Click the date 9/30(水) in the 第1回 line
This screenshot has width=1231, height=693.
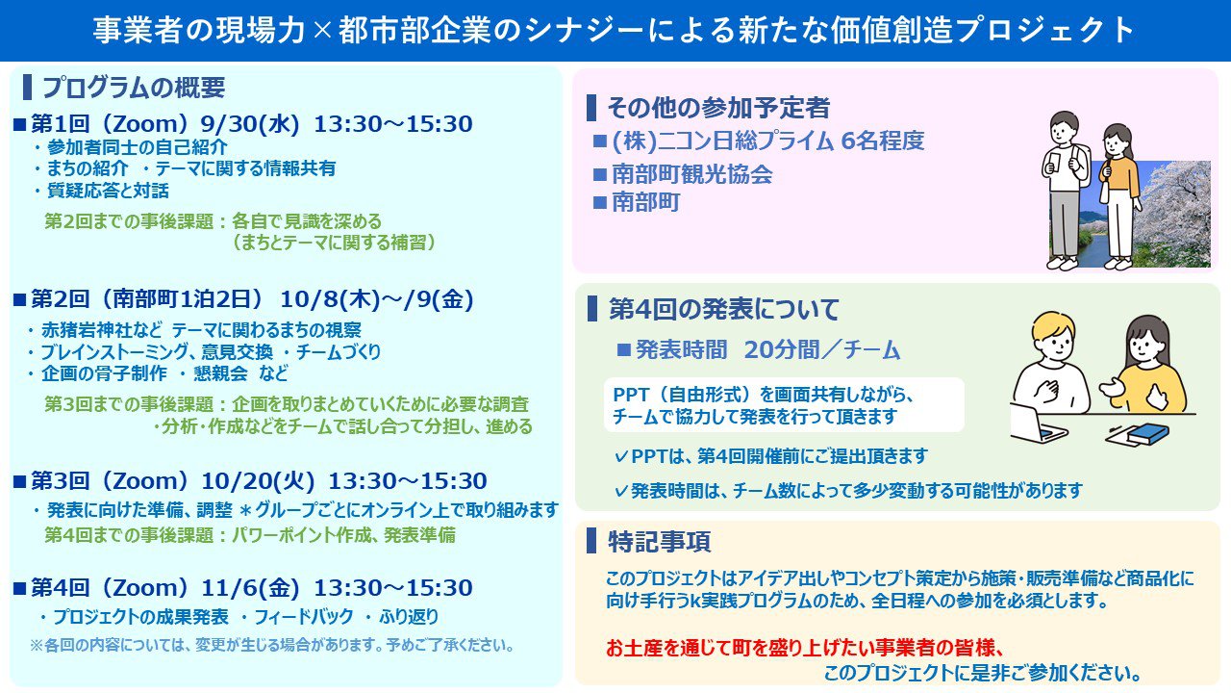coord(249,124)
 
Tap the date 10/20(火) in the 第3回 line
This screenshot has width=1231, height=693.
coord(258,481)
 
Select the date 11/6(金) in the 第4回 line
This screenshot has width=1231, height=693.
coord(250,588)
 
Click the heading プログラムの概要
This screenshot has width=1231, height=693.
coord(134,88)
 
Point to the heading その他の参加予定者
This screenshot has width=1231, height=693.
coord(718,108)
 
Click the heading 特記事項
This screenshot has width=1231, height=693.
coord(660,541)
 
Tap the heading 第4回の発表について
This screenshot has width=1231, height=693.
coord(724,309)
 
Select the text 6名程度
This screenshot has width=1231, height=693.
coord(883,141)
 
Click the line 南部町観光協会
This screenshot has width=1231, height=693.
coord(692,175)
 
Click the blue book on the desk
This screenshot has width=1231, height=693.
coord(1148,433)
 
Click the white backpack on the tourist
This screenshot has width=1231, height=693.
coord(1080,165)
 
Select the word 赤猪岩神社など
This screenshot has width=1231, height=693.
coord(102,330)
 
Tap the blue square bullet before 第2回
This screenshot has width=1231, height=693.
coord(20,300)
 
